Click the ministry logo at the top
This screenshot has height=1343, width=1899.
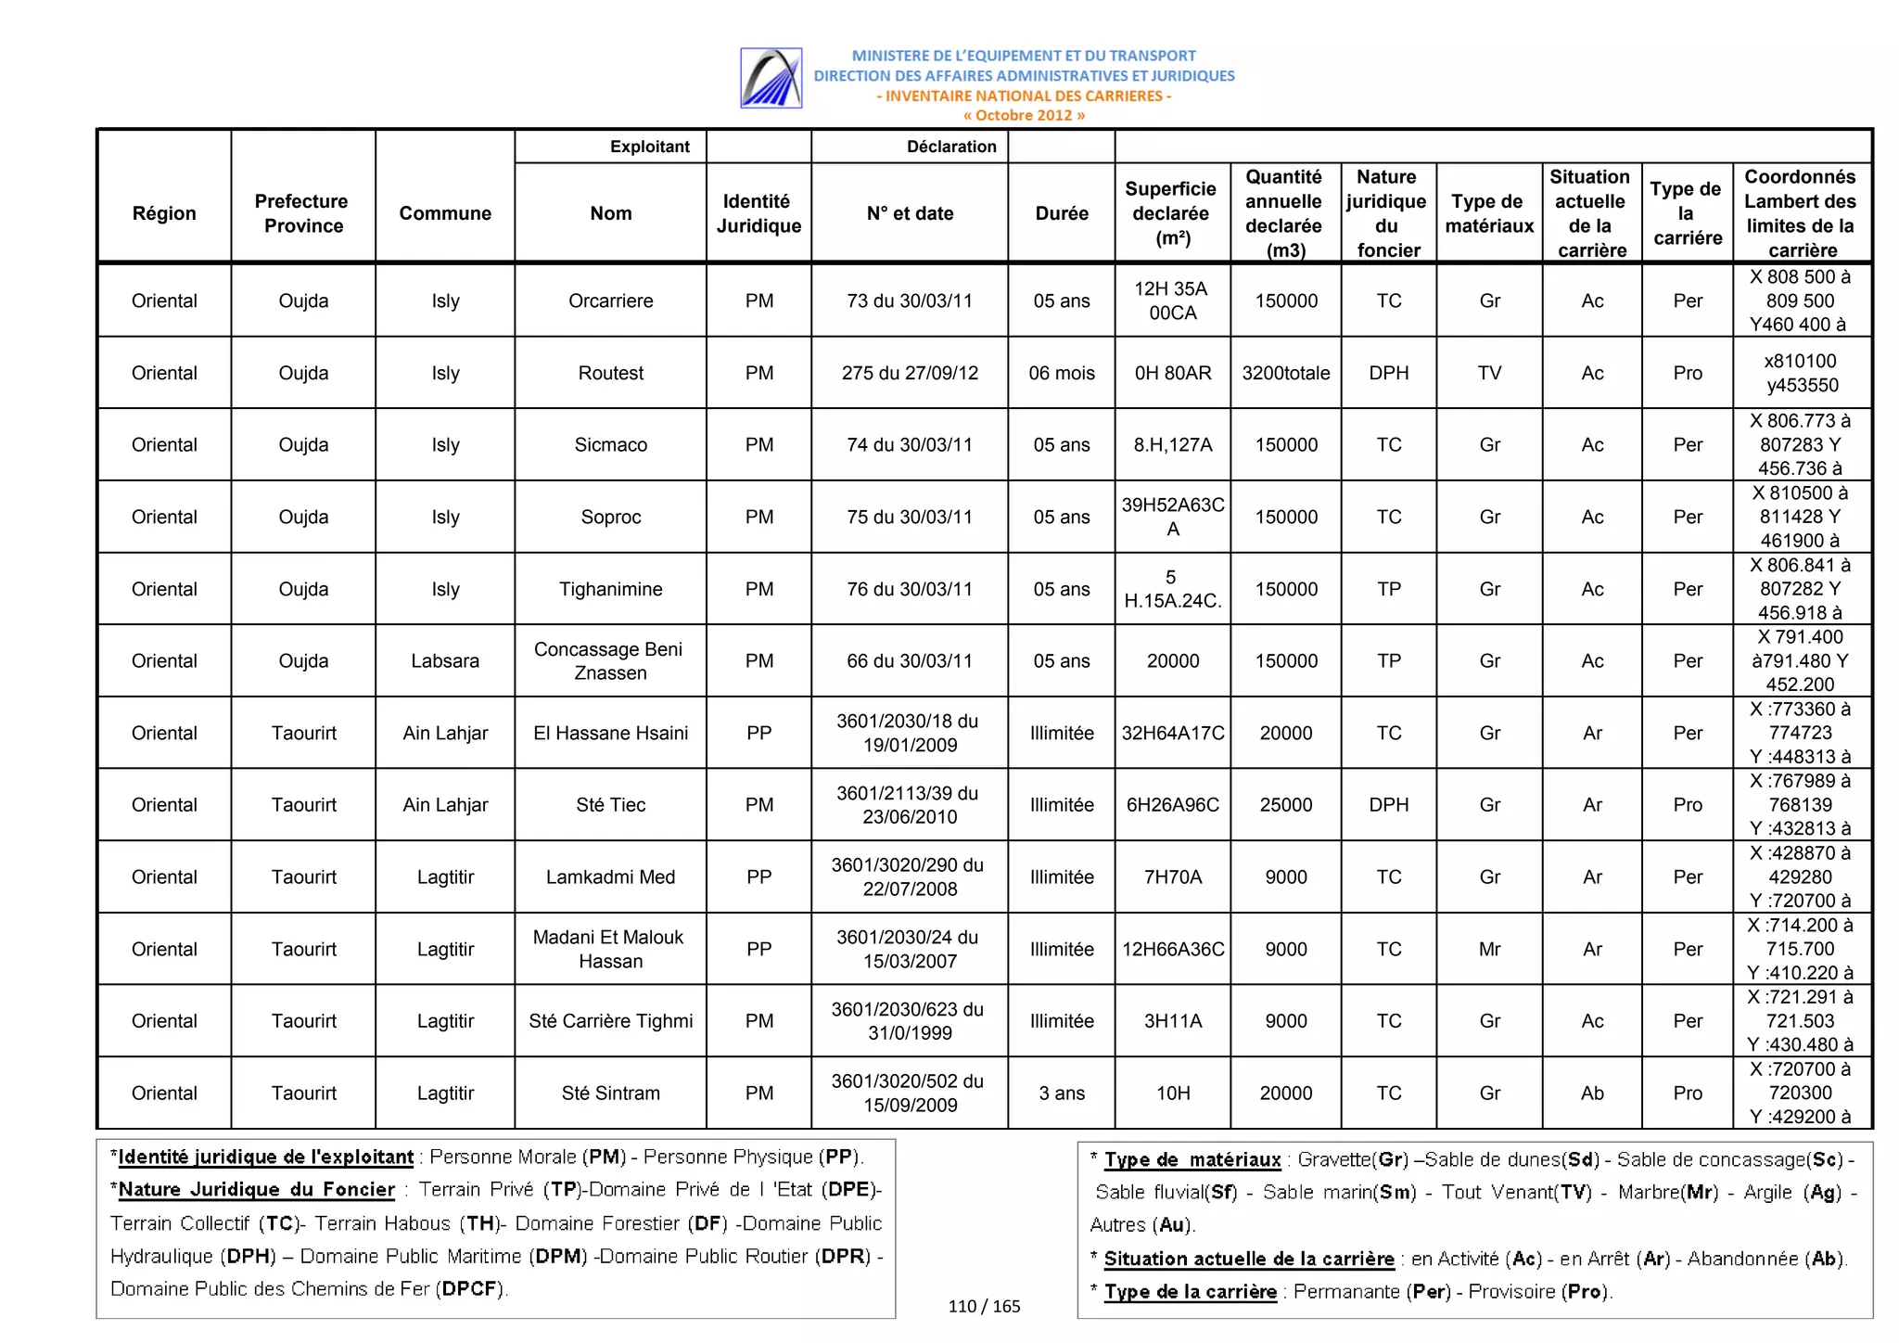771,78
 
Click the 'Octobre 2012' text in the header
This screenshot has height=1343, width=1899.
1024,116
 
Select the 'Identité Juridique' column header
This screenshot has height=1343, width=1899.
758,213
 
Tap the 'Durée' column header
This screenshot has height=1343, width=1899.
1061,213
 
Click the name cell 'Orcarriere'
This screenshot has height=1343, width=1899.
610,301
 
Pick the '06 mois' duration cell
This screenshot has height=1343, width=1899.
1061,373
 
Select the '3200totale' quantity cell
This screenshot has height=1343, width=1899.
1285,373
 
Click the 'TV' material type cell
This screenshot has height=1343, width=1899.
1489,373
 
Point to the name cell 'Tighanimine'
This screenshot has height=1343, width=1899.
610,589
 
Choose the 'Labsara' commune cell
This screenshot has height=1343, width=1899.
445,661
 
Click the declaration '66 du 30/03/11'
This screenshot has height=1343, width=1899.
909,661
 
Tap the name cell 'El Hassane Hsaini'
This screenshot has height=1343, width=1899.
610,733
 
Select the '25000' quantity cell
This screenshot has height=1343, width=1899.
1285,805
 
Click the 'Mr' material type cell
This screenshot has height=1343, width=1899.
1489,949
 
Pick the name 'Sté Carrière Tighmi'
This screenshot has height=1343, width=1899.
610,1021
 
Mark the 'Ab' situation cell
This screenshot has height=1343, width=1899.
1592,1094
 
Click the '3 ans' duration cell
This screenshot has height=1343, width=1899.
1061,1094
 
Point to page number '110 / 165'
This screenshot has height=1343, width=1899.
984,1307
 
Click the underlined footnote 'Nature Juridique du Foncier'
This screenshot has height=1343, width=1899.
257,1190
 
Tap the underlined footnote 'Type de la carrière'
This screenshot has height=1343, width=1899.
1191,1292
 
